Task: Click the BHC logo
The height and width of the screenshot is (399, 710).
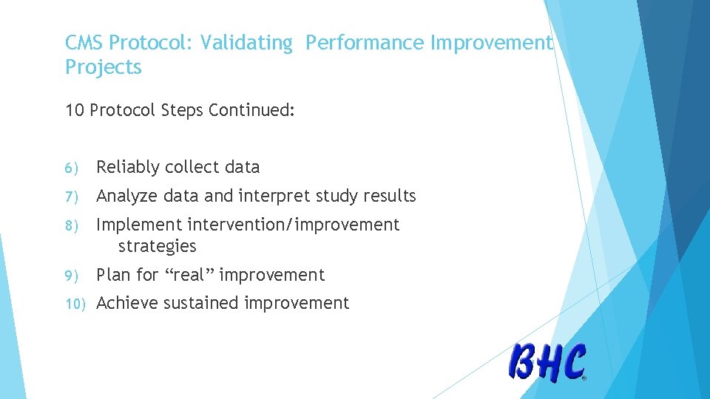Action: pos(547,362)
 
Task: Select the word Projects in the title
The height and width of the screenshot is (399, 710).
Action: pos(103,67)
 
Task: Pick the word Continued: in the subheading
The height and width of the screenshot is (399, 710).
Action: pos(251,111)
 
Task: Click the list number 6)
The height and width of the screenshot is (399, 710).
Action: pos(71,168)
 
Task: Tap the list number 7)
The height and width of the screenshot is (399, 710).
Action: pos(71,197)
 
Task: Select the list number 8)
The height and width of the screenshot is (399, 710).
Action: pos(71,225)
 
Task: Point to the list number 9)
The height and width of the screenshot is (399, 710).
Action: pos(71,276)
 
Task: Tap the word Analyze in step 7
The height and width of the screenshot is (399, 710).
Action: pos(126,197)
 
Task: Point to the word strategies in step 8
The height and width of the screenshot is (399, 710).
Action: pos(157,246)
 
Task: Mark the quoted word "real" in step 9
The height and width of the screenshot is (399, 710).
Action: pos(189,275)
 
